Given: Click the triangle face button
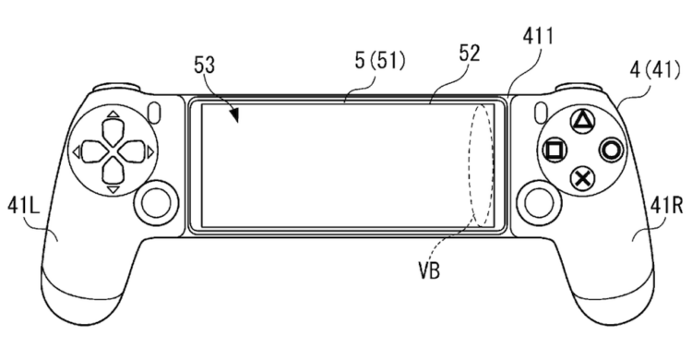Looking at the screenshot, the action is click(x=582, y=121).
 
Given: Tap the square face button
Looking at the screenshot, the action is click(x=555, y=150).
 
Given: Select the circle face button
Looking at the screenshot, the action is click(x=612, y=150).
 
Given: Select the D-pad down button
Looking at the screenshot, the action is click(x=113, y=173).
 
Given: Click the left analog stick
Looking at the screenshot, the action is click(x=156, y=201).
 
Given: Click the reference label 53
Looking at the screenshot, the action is click(x=204, y=65).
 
